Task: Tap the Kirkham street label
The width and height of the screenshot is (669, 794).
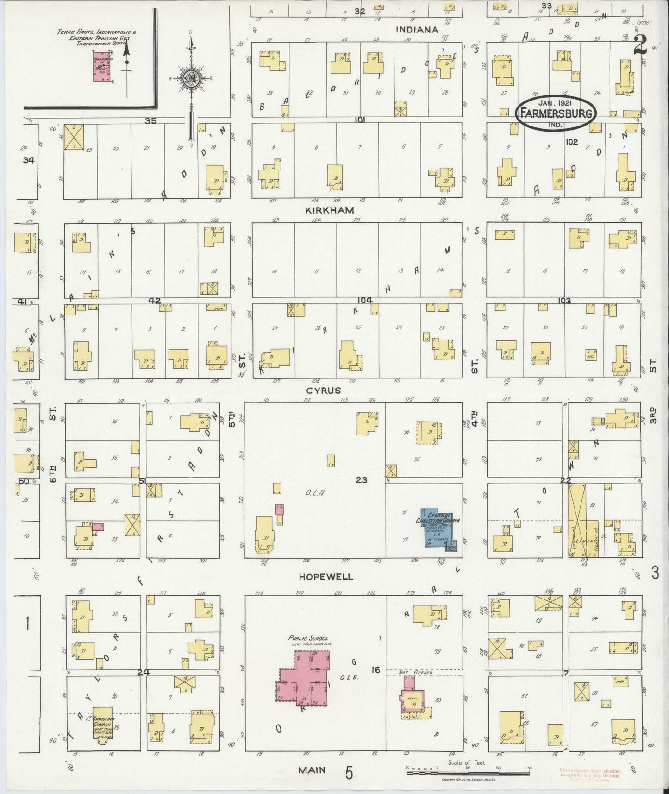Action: point(329,210)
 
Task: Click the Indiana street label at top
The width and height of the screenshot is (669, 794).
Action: point(416,30)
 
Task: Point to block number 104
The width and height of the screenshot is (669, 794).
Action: point(365,301)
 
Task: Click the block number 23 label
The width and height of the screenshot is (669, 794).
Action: point(361,480)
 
